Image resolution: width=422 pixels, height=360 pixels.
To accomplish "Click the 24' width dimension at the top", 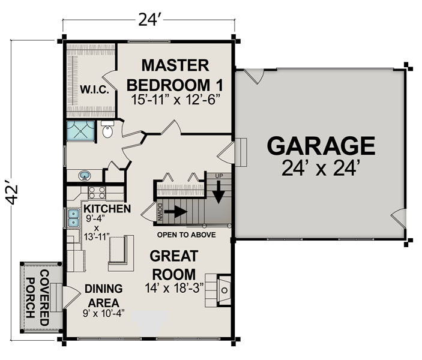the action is [x=148, y=20].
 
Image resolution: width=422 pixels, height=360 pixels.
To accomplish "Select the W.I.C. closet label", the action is [x=94, y=89].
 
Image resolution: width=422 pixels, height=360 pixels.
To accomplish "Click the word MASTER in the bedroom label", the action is [x=175, y=65].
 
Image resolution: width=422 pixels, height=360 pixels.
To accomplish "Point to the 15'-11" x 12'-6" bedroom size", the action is [x=175, y=100].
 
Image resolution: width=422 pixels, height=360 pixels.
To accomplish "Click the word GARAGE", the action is [x=321, y=146].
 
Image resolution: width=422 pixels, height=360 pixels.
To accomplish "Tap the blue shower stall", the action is [x=80, y=130].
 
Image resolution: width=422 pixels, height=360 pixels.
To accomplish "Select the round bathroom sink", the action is [x=85, y=176].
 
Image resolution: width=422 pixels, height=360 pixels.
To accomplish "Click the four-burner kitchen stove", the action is [x=97, y=193].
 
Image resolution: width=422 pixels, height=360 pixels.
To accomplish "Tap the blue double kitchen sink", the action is [x=73, y=218].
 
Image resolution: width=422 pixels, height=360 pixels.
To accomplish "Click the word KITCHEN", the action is [x=107, y=209].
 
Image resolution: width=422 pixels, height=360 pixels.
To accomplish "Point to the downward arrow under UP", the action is [x=219, y=192].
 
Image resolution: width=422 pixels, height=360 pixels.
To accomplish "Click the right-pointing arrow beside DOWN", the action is [x=175, y=212].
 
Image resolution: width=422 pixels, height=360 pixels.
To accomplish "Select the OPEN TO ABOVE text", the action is [x=187, y=235].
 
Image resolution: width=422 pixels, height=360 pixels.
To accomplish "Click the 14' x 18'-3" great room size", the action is [x=174, y=288].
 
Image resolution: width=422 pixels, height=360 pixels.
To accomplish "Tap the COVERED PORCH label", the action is [x=38, y=298].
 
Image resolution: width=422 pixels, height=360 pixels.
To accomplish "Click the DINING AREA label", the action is [x=104, y=296].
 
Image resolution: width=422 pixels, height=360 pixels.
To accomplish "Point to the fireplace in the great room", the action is [x=224, y=290].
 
